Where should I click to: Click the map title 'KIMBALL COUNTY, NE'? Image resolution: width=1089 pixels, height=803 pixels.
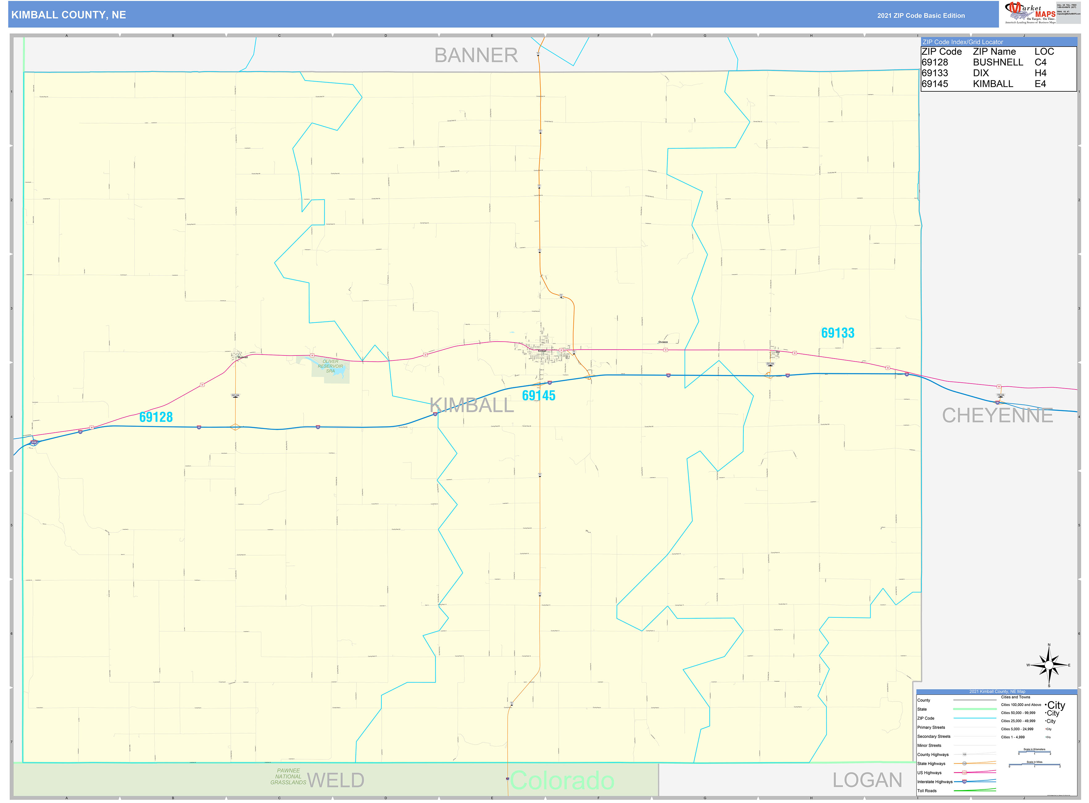(69, 15)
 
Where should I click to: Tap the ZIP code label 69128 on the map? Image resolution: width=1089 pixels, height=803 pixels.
(156, 417)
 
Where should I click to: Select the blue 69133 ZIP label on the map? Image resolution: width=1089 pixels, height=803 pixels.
(838, 333)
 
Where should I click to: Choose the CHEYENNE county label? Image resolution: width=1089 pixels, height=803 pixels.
(997, 416)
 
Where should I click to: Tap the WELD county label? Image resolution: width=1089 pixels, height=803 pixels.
(336, 780)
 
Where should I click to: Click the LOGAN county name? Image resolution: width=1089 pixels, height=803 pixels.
(867, 780)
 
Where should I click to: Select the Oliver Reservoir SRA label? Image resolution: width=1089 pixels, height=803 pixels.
(330, 366)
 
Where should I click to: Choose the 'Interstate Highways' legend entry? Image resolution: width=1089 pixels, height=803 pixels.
(934, 782)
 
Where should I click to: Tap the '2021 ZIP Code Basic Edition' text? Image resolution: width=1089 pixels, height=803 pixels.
(921, 15)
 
